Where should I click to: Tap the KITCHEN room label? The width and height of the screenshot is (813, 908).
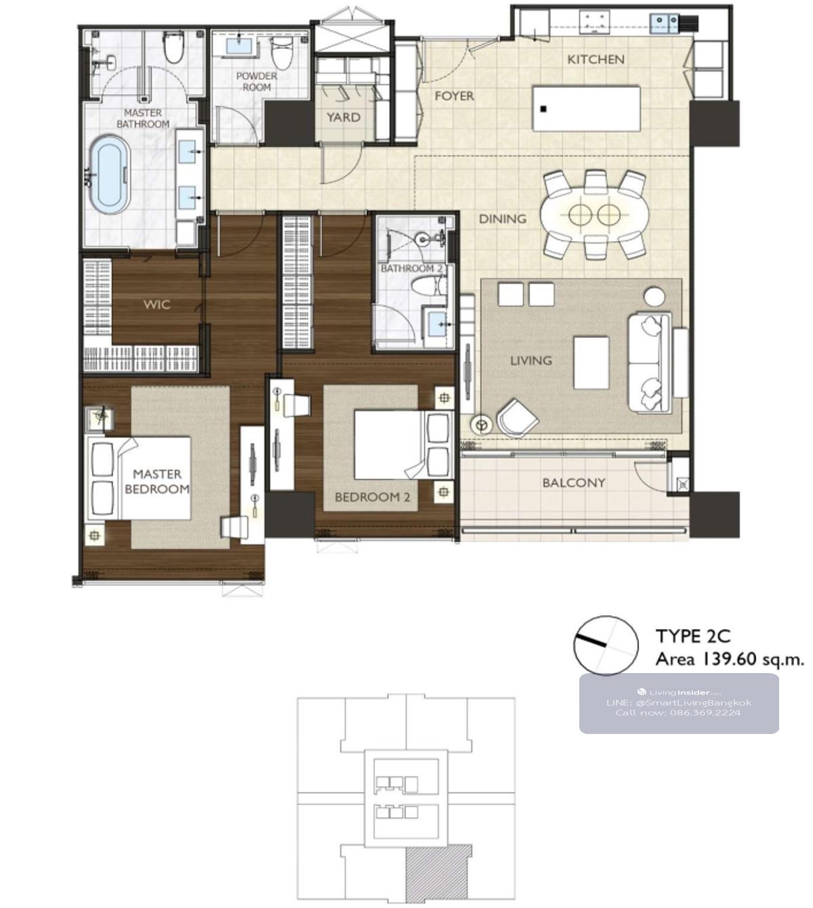596,60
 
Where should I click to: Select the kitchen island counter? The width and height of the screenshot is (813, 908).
587,108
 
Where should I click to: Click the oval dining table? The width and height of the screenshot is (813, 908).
595,215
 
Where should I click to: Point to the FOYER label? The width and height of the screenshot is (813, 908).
454,96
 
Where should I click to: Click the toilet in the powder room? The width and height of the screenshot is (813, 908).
282,49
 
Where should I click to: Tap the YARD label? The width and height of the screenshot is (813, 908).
343,117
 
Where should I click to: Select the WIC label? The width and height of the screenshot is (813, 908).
157,305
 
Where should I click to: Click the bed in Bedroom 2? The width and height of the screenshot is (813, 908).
402,445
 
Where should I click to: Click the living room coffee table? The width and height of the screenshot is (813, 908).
591,363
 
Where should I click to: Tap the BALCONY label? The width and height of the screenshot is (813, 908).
574,483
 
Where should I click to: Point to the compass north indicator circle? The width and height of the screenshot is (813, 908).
606,645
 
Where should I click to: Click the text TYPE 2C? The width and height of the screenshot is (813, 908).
693,636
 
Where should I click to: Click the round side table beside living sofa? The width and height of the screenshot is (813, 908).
654,296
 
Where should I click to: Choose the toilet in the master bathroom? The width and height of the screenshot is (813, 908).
173,47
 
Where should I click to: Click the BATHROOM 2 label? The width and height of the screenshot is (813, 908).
411,268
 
